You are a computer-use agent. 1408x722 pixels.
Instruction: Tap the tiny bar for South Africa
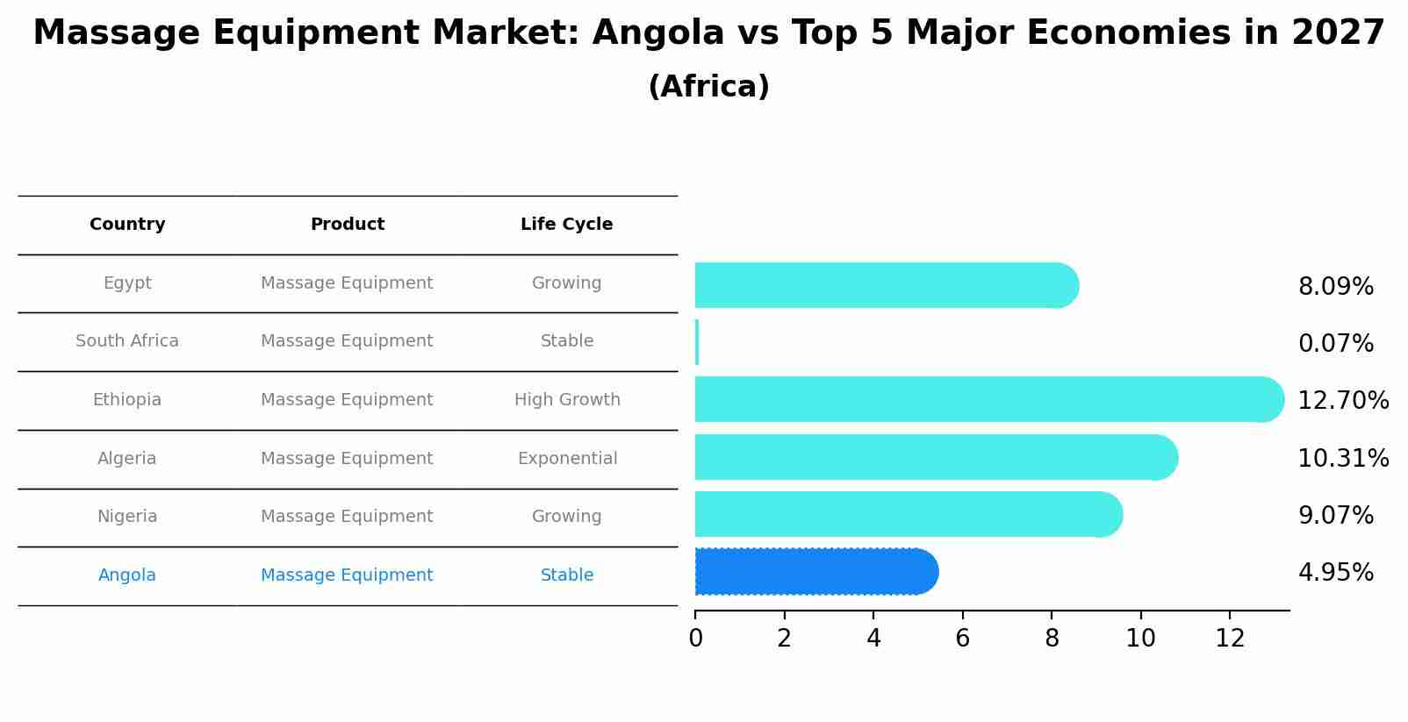click(697, 342)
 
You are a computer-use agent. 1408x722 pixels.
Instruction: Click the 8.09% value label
click(1335, 287)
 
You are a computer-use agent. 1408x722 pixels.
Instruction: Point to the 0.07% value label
click(1335, 344)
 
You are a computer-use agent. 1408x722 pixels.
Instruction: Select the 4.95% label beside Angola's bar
click(1335, 573)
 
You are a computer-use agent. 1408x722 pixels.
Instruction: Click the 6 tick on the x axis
click(962, 639)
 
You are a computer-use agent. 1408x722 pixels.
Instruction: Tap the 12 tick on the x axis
click(1230, 639)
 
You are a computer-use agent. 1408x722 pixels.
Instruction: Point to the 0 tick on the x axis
click(695, 639)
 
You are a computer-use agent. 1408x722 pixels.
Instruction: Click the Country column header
click(127, 225)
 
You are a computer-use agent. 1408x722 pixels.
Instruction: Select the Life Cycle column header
click(566, 225)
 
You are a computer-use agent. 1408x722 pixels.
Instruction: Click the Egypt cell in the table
click(127, 283)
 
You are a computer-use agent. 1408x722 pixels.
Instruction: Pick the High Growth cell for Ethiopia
click(567, 400)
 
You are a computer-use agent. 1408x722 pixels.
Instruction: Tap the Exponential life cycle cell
click(567, 459)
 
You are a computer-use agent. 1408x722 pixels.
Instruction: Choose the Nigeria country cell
click(127, 517)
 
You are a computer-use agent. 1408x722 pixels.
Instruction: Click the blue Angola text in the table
click(127, 575)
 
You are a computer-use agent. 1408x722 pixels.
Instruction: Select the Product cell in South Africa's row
click(347, 341)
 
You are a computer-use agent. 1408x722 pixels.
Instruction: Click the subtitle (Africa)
click(708, 87)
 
